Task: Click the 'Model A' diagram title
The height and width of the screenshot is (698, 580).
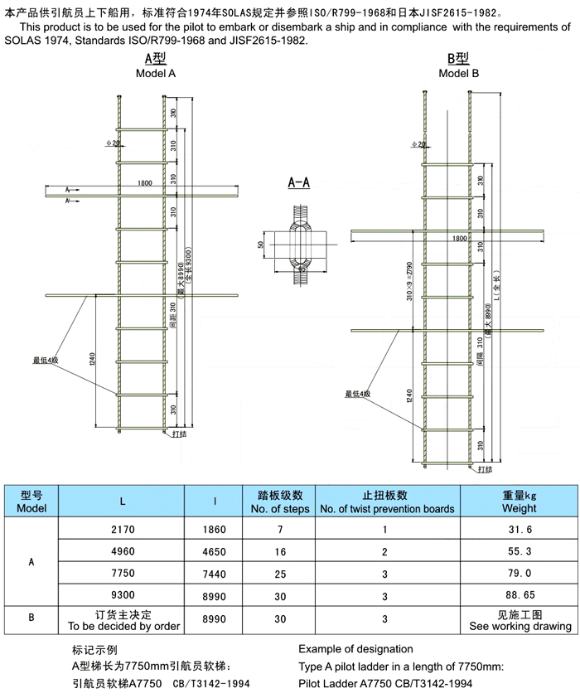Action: point(156,73)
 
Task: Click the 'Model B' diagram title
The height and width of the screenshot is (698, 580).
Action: point(458,73)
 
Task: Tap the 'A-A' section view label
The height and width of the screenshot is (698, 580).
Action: point(299,182)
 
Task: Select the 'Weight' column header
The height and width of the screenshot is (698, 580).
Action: point(519,502)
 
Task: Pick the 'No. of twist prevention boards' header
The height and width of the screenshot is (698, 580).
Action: point(386,502)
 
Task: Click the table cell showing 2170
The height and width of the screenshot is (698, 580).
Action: point(123,529)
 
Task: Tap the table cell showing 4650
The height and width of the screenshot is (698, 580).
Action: point(215,550)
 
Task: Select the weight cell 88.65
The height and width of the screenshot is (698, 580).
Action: point(519,594)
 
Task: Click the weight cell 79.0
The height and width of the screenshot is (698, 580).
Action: point(519,572)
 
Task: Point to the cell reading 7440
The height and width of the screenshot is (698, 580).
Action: point(215,572)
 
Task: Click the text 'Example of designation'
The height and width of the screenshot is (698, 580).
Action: point(355,648)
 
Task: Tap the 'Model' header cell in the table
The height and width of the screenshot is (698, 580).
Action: point(31,502)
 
